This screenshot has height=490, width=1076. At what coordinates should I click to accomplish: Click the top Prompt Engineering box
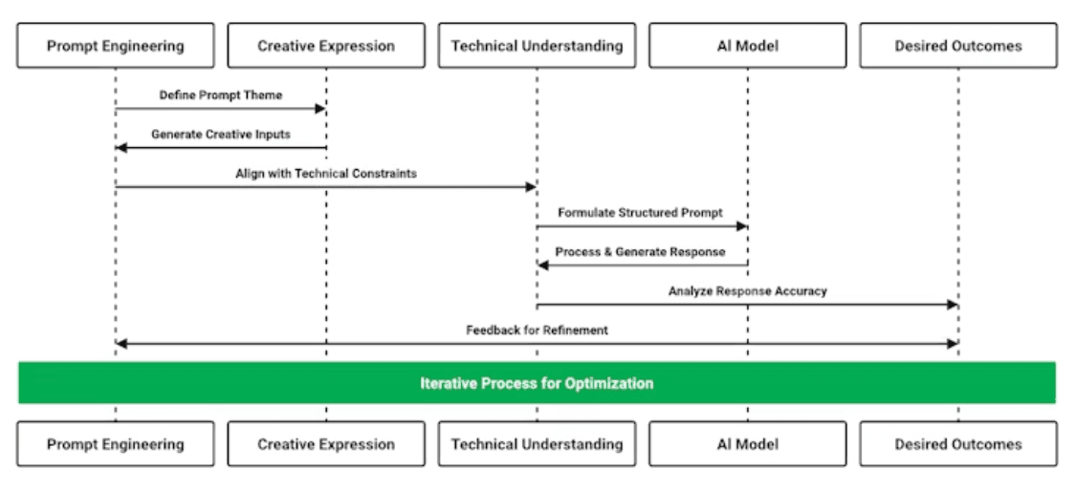tap(116, 46)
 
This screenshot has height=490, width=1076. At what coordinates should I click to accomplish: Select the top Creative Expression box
tap(326, 46)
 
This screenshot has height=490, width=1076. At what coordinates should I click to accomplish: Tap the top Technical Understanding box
tap(537, 46)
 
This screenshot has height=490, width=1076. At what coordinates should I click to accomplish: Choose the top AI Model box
tap(747, 46)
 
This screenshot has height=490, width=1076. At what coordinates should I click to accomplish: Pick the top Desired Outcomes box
tap(958, 46)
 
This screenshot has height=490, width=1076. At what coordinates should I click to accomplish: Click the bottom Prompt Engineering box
tap(116, 444)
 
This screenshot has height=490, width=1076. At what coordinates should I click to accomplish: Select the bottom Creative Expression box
tap(326, 444)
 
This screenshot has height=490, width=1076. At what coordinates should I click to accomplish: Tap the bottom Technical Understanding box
tap(537, 444)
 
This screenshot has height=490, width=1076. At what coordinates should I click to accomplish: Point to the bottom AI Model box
tap(747, 444)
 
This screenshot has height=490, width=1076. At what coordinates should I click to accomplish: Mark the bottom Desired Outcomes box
tap(958, 444)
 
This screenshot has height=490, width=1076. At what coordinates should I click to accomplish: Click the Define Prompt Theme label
tap(221, 96)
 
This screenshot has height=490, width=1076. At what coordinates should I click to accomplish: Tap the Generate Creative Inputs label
tap(221, 135)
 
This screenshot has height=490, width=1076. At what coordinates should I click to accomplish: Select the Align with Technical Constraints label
tap(326, 174)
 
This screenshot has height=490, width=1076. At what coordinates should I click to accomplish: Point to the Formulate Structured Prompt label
tap(640, 212)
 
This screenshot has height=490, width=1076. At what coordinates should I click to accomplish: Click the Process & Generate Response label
tap(640, 251)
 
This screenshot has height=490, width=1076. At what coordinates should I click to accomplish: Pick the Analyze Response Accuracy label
tap(748, 291)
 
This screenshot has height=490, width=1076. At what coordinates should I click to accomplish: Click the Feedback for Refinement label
tap(538, 330)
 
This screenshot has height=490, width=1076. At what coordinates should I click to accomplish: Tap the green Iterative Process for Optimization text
tap(537, 383)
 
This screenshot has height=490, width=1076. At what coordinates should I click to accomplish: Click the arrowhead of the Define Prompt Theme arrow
tap(319, 108)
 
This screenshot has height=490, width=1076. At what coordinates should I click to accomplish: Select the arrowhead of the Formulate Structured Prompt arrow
tap(741, 226)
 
